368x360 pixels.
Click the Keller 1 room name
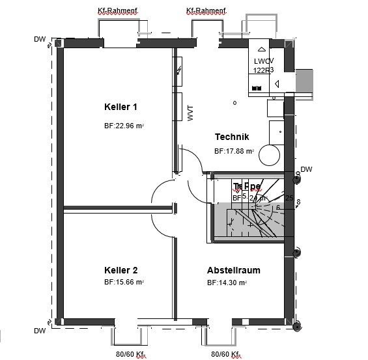click(120, 107)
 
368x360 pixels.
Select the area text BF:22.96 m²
click(124, 126)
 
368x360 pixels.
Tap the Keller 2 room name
click(120, 270)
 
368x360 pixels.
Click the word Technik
click(232, 137)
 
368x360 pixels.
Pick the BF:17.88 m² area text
click(234, 151)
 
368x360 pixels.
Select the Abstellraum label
click(233, 270)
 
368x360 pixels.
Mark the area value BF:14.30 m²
click(227, 283)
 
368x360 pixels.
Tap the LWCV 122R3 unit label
click(263, 65)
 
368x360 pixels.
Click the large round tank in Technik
click(270, 156)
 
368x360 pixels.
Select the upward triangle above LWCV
click(262, 49)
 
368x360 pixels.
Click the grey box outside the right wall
click(304, 83)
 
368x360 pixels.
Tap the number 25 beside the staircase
click(289, 197)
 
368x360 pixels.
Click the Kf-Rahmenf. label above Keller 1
click(117, 11)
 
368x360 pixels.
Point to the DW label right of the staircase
click(307, 169)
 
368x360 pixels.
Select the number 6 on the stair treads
click(277, 207)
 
